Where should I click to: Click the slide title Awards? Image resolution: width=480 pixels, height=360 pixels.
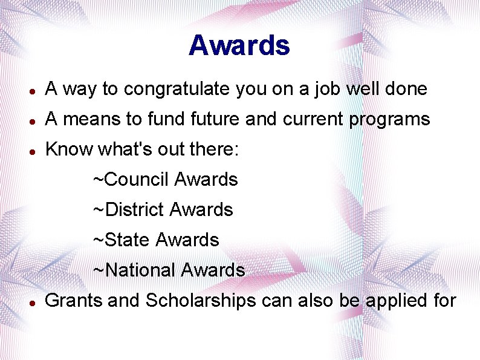(x=239, y=45)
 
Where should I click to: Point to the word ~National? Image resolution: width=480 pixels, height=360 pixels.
(x=134, y=270)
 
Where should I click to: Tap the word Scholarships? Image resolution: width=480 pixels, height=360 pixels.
(x=201, y=301)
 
